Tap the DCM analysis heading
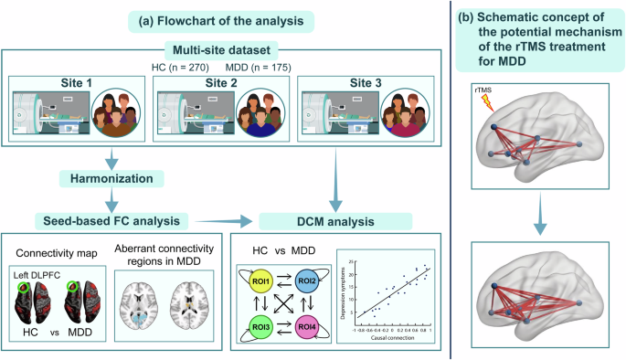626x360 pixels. click(x=306, y=220)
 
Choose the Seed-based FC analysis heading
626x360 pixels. click(x=110, y=220)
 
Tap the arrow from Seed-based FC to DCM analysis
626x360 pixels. click(x=218, y=220)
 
